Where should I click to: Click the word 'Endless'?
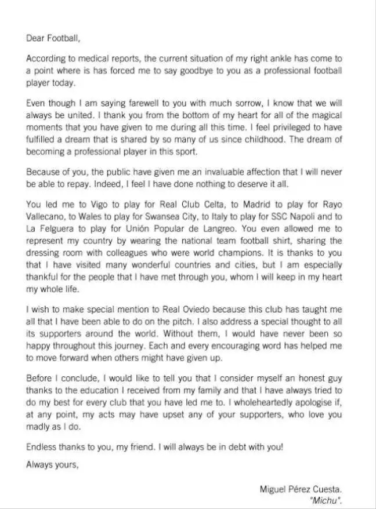[x=42, y=446]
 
